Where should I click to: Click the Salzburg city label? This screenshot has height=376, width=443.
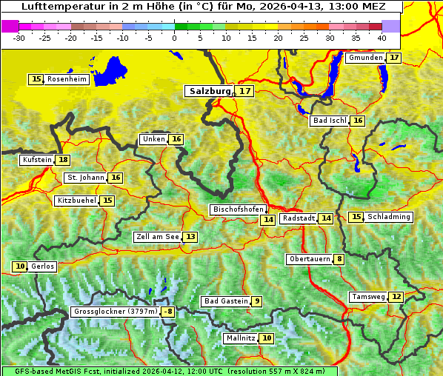point(210,91)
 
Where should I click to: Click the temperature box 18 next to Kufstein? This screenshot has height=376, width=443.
point(63,160)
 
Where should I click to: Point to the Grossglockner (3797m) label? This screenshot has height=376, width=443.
point(116,312)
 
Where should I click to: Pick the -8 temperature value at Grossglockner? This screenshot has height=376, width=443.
point(168,312)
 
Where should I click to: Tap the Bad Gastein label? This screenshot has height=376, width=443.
point(226,301)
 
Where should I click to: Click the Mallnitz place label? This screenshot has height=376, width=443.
point(240,338)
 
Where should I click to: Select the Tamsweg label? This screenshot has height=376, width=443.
point(368,297)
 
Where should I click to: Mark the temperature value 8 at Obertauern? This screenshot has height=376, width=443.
point(339,259)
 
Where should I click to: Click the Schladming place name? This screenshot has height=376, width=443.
point(389,217)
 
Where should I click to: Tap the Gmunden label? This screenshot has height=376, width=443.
point(365,58)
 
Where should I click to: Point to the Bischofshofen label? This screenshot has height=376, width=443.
point(238,209)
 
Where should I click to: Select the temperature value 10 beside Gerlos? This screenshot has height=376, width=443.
point(20,266)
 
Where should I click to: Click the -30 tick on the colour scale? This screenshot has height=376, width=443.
point(19,38)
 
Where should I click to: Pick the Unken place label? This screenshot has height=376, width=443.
point(153,139)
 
